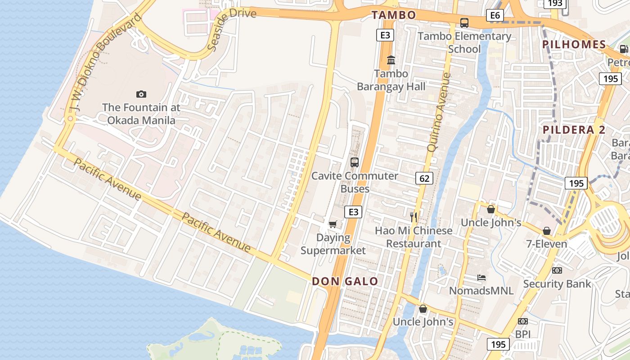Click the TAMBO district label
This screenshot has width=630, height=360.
(x=393, y=15)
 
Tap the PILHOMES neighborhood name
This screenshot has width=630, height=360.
(x=574, y=44)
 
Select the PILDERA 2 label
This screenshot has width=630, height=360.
(x=574, y=130)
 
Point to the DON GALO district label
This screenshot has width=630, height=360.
(x=345, y=281)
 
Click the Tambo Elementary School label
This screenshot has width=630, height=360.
(x=464, y=42)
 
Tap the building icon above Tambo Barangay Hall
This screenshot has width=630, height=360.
(x=391, y=60)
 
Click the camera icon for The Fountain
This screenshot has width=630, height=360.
(x=141, y=94)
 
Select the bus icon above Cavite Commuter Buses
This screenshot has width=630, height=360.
(x=355, y=162)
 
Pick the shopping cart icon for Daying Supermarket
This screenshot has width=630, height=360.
(x=333, y=224)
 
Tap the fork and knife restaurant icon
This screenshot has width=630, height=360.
(x=414, y=217)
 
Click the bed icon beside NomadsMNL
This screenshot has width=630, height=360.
(x=481, y=278)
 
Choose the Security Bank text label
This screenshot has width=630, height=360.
(x=557, y=284)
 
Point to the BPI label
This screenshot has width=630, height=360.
(x=523, y=334)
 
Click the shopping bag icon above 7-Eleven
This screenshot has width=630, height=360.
(x=547, y=231)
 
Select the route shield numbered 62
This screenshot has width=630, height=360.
(x=424, y=179)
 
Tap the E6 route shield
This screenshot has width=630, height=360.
(x=495, y=16)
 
